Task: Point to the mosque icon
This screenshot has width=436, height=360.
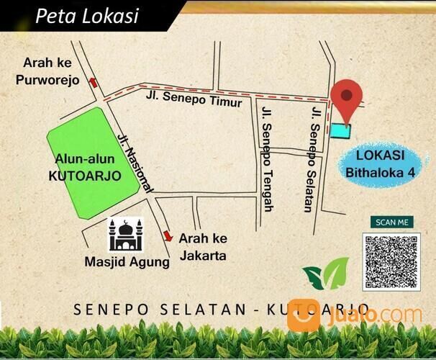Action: pos(125,235)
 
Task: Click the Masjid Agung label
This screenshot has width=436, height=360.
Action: pos(136,262)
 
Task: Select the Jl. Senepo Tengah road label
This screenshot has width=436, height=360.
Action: pos(268,160)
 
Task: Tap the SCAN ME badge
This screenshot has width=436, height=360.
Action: pos(391,222)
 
